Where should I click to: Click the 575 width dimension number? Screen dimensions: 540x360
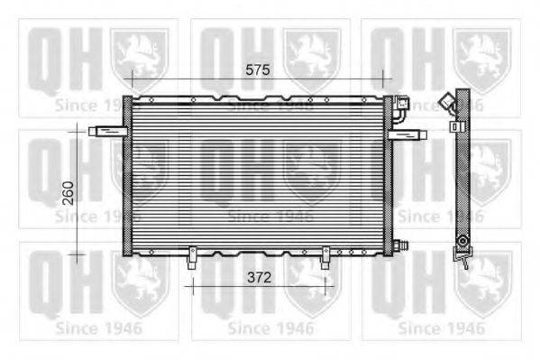point(258,70)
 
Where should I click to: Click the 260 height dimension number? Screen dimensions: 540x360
point(69,193)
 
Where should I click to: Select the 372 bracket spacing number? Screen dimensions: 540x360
point(259,278)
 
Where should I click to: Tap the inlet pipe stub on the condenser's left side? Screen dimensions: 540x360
point(108,131)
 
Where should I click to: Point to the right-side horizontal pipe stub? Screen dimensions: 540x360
point(407,134)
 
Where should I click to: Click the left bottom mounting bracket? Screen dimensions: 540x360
point(192,257)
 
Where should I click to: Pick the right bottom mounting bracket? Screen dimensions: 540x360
point(325,257)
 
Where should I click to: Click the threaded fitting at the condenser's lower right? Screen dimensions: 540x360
point(400,245)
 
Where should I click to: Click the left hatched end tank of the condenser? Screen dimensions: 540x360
point(127,176)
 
